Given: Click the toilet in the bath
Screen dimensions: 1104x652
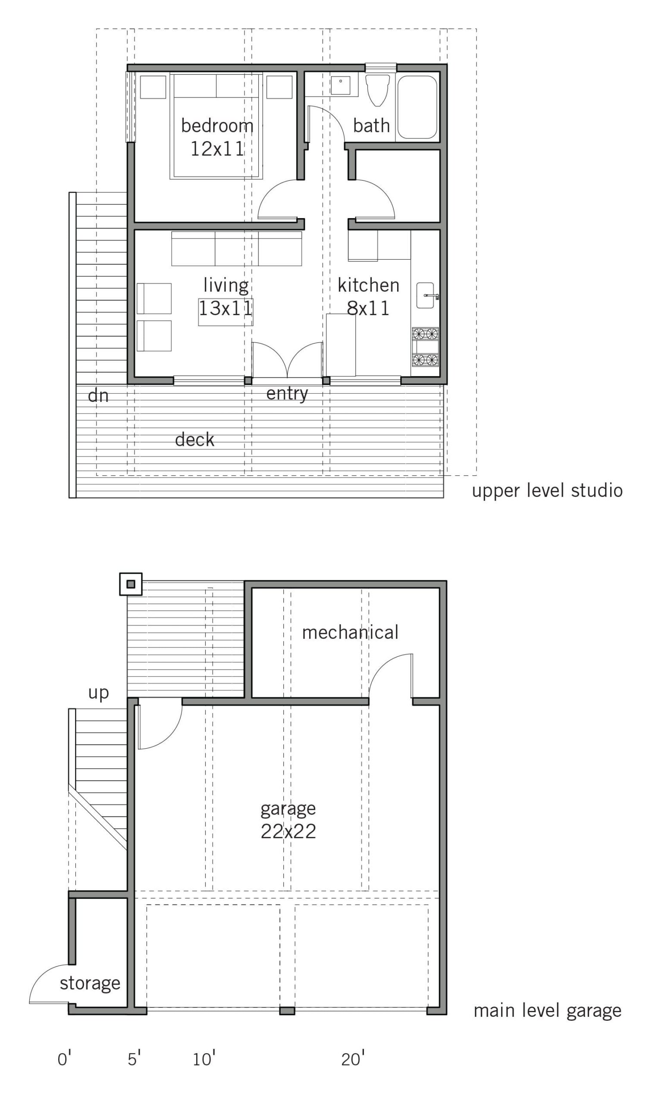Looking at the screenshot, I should tap(377, 90).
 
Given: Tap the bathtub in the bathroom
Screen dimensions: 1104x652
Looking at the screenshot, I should tap(417, 107).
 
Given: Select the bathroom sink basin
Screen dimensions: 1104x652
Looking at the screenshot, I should tap(340, 85).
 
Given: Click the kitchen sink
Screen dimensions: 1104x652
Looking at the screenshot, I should tap(425, 295).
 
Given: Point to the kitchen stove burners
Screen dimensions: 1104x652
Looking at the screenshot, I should tap(425, 347).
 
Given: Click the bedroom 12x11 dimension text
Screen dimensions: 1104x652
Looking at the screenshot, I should tap(217, 149).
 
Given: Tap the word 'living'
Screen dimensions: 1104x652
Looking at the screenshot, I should tap(226, 285).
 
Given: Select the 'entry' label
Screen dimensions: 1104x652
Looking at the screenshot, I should tap(287, 394).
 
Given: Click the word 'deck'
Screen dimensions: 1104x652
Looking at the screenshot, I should tap(194, 440).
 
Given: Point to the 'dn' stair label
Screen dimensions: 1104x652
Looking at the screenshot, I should tap(98, 396).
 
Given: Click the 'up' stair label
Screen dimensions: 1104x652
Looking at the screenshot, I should tap(98, 693).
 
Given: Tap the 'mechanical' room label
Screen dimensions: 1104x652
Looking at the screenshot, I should tap(350, 633).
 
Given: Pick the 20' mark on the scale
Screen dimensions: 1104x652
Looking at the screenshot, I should tap(353, 1059).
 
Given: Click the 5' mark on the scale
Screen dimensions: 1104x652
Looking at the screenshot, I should tap(134, 1059).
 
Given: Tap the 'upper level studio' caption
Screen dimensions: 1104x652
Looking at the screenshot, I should tap(547, 491).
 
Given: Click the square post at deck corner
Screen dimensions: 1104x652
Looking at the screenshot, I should tap(131, 584).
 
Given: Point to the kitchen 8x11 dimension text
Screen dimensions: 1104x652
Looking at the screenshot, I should tap(368, 308).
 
